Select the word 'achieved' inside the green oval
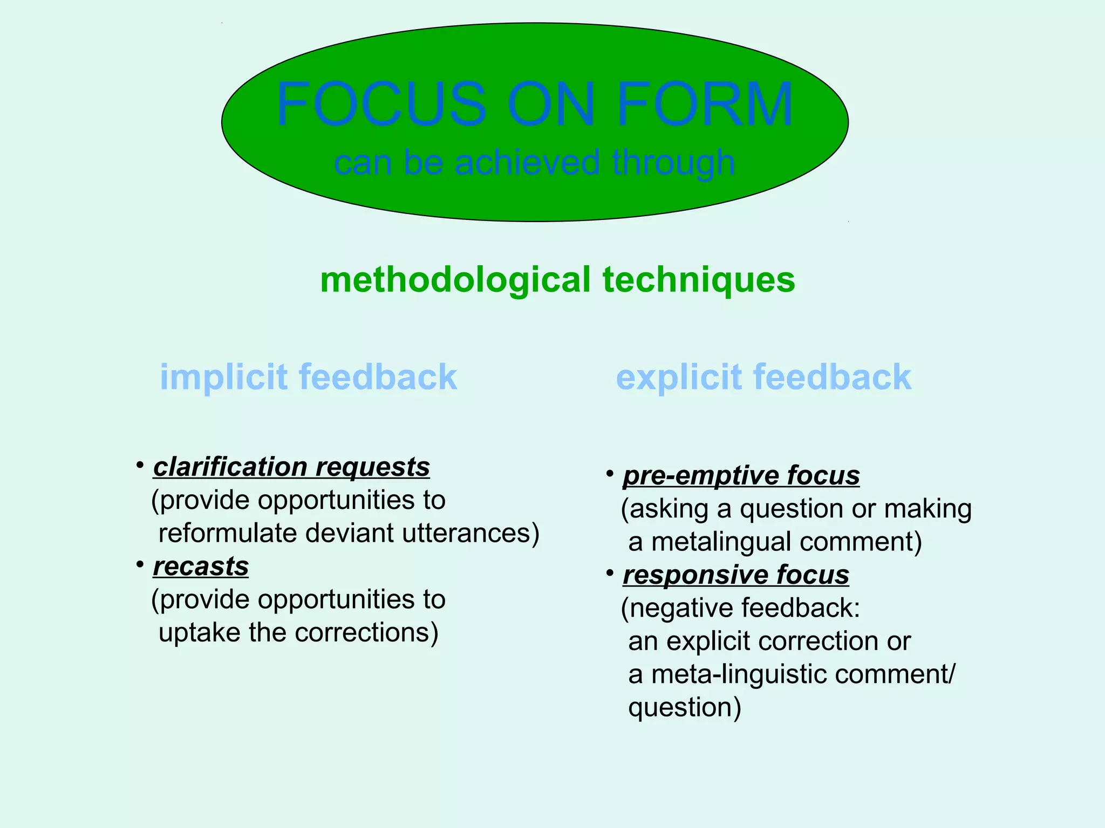tap(527, 162)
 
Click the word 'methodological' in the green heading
tap(455, 280)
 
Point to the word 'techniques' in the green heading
tap(699, 280)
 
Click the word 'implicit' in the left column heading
tap(224, 377)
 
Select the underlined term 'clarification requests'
tap(291, 467)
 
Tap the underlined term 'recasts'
tap(201, 566)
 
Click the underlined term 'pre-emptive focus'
tap(741, 475)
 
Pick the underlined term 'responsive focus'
tap(736, 575)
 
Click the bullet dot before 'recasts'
tap(140, 564)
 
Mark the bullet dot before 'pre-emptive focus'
tap(610, 474)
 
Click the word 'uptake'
tap(200, 633)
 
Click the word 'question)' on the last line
tap(685, 708)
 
